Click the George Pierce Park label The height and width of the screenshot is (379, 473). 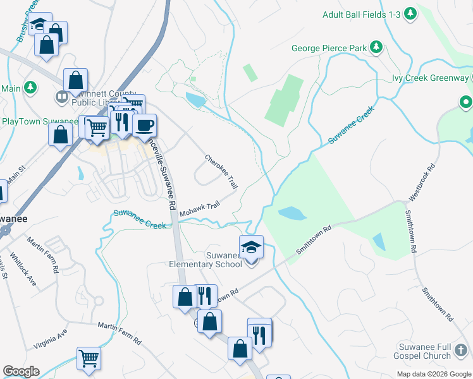point(329,47)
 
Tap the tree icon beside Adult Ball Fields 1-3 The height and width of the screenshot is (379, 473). point(410,13)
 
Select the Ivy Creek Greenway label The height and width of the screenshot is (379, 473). point(430,78)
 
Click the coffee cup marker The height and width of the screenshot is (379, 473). point(144,124)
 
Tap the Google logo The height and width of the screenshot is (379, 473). point(21,371)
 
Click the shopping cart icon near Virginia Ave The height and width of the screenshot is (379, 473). point(89,358)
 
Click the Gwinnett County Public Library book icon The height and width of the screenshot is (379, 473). point(61,97)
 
